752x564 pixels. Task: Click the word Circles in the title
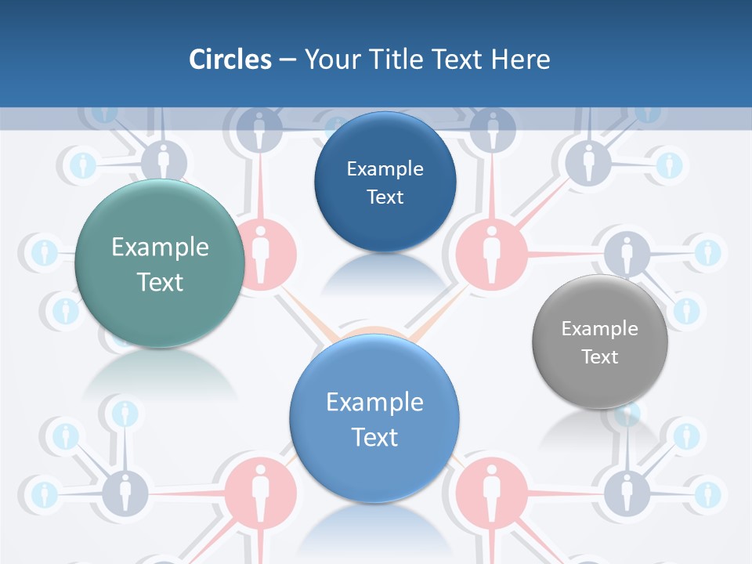coord(230,60)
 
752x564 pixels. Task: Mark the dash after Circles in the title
coord(287,60)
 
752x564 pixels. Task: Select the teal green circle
coord(160,263)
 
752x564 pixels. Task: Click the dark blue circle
coord(385,182)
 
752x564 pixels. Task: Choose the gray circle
coord(600,342)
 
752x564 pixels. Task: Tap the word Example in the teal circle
coord(160,247)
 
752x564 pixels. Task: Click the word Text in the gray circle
coord(600,356)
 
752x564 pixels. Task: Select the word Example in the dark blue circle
coord(385,168)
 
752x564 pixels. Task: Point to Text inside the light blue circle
coord(374,436)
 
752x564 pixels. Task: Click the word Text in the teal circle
coord(160,282)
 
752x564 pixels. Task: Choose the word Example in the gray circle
coord(600,328)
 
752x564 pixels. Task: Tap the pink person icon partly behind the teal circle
coord(263,251)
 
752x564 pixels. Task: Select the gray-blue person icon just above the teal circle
coord(163,160)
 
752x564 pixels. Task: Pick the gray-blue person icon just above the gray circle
coord(627,252)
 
